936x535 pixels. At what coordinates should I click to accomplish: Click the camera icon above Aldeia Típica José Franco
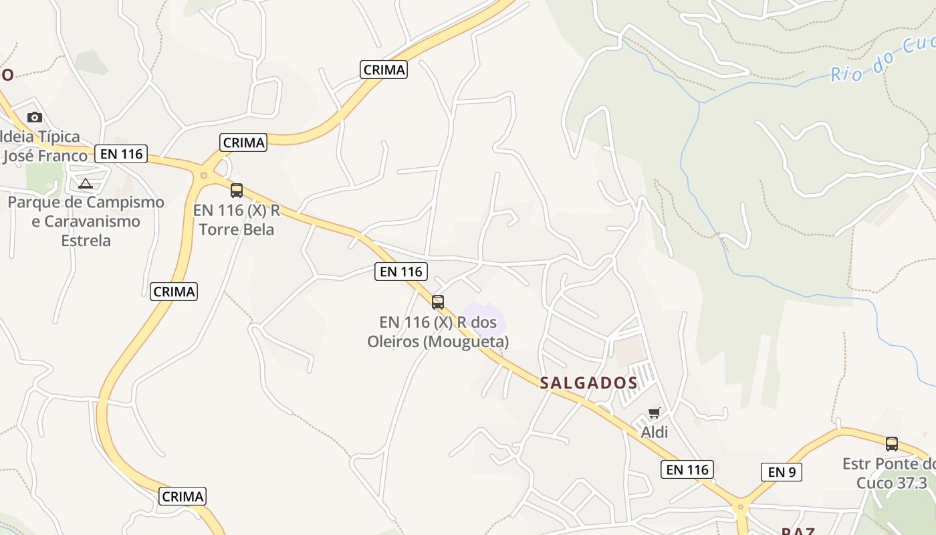[35, 118]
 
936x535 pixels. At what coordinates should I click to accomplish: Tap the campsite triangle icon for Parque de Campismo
[85, 183]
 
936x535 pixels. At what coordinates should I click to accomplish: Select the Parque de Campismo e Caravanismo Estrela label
[86, 221]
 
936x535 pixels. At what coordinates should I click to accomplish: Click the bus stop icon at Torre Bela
[237, 191]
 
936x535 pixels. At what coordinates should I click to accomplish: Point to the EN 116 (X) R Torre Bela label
[237, 220]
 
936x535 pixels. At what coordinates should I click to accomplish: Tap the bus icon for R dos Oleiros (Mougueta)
[438, 302]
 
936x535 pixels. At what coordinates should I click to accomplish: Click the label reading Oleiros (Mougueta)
[438, 332]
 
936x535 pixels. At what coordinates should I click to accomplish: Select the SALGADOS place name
[588, 383]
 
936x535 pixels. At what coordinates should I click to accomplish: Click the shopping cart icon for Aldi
[654, 413]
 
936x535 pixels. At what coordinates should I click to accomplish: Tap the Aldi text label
[654, 433]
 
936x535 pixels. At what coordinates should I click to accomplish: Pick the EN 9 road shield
[781, 472]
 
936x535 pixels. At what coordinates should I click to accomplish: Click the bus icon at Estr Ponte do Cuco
[892, 444]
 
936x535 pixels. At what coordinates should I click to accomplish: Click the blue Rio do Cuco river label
[881, 60]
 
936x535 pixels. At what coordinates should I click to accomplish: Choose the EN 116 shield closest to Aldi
[687, 469]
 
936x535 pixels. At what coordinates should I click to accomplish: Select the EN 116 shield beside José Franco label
[120, 154]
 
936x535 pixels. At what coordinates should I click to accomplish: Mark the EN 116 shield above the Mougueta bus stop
[401, 272]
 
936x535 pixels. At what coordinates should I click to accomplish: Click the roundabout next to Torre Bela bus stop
[203, 175]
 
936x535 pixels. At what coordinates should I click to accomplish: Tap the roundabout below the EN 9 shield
[740, 507]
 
